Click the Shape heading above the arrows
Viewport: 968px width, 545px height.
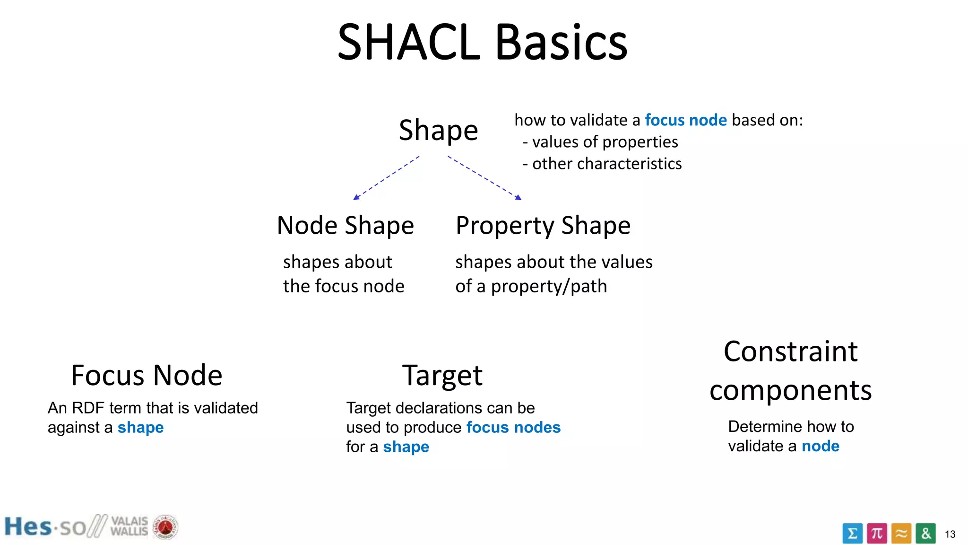tap(438, 130)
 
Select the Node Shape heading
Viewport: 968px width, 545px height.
tap(345, 225)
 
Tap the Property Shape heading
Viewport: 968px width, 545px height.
tap(543, 225)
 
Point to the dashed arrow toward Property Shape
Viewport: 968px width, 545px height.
tap(485, 178)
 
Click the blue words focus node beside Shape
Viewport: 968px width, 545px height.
tap(685, 120)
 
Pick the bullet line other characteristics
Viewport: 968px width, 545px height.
tap(602, 164)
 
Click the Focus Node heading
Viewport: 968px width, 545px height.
tap(147, 375)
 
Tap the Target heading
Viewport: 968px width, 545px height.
tap(442, 375)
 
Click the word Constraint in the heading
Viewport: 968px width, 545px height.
tap(790, 352)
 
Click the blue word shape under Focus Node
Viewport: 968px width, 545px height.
tap(140, 428)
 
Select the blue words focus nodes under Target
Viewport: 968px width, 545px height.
tap(513, 428)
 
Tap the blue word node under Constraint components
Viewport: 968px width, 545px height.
tap(821, 446)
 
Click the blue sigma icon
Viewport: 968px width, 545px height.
tap(852, 534)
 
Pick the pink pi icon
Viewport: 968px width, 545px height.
tap(877, 534)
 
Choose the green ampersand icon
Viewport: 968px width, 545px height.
tap(925, 534)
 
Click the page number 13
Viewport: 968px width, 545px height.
tap(950, 535)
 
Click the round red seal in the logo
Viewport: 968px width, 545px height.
tap(165, 527)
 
